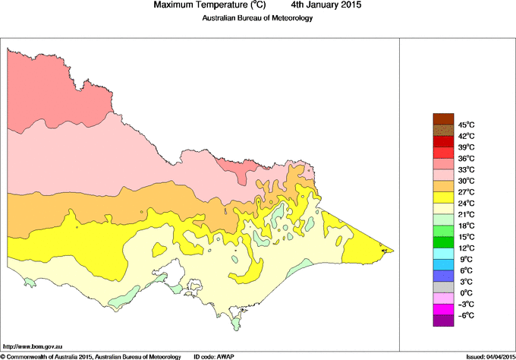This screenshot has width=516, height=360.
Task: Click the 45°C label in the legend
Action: (x=466, y=125)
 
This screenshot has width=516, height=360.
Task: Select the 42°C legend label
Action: (x=466, y=136)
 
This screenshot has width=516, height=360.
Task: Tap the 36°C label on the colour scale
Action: (x=466, y=158)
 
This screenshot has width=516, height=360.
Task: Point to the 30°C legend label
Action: (x=466, y=181)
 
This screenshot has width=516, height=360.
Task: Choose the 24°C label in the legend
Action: (x=466, y=204)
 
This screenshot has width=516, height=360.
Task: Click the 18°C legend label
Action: (x=466, y=226)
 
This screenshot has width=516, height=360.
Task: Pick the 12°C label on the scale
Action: (x=466, y=248)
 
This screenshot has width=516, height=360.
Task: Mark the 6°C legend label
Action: (x=466, y=270)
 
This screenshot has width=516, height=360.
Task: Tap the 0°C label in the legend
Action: (x=466, y=293)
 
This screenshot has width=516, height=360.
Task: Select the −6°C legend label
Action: (x=466, y=315)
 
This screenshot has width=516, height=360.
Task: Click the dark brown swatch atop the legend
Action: (x=442, y=118)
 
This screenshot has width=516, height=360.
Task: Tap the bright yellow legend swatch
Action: (x=442, y=197)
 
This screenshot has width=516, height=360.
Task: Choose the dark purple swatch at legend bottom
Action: (x=442, y=321)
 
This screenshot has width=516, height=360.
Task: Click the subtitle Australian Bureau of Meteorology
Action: (x=257, y=18)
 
